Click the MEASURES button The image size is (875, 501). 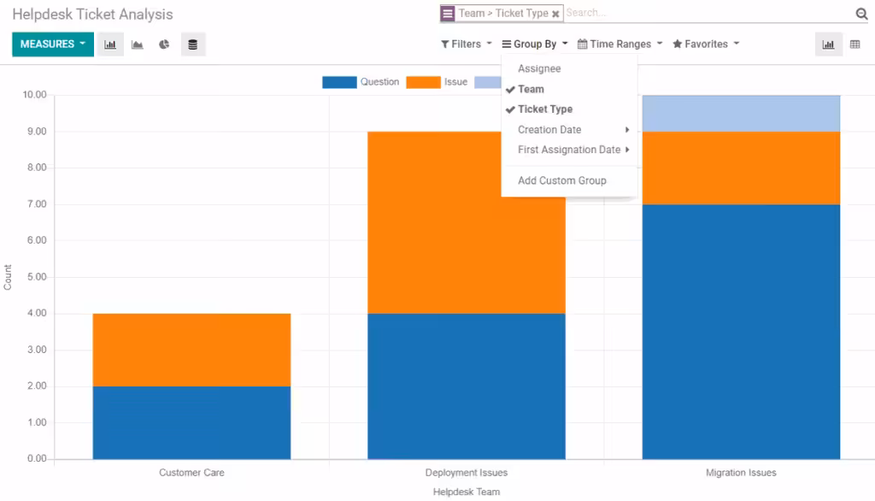(52, 44)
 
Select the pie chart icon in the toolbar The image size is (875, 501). (164, 44)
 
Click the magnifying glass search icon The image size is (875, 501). (861, 14)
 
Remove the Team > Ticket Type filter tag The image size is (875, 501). (555, 15)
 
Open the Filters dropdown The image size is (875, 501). (466, 44)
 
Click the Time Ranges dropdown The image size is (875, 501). (620, 44)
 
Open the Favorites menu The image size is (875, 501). (706, 44)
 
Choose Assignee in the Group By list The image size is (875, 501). (539, 68)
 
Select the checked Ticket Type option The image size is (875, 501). (544, 109)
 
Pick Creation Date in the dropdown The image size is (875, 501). (549, 130)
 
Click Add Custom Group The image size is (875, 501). (561, 180)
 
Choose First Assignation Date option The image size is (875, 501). (569, 150)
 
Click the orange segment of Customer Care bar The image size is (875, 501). (191, 350)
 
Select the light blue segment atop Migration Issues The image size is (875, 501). (741, 113)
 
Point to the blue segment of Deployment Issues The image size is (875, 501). (466, 386)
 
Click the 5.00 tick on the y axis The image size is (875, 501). (36, 277)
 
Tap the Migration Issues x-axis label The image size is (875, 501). (741, 473)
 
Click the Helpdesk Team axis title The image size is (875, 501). (466, 492)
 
